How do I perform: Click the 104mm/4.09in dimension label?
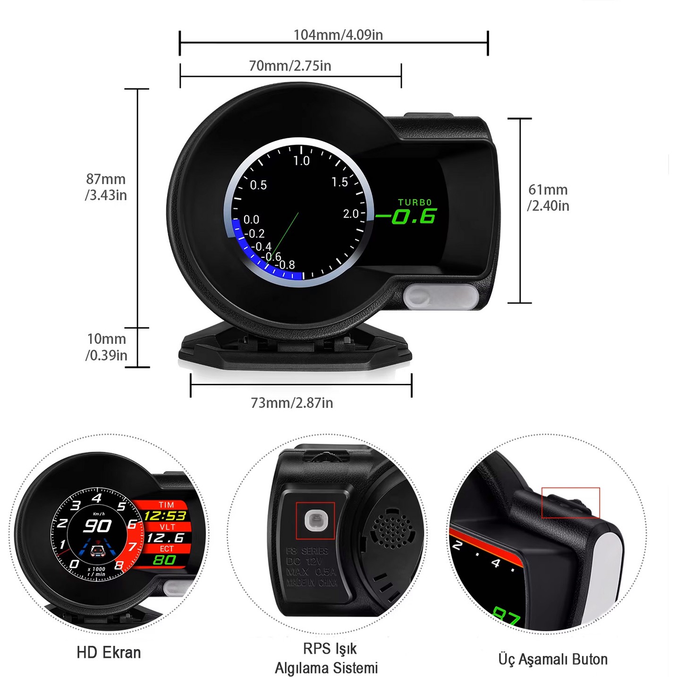pyautogui.click(x=338, y=35)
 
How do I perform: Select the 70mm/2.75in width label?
pyautogui.click(x=290, y=66)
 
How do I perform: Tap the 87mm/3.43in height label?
pyautogui.click(x=106, y=187)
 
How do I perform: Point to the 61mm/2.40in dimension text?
pyautogui.click(x=548, y=198)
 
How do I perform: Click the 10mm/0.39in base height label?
pyautogui.click(x=107, y=347)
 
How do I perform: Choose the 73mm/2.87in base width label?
pyautogui.click(x=292, y=403)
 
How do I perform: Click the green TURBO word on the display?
pyautogui.click(x=415, y=203)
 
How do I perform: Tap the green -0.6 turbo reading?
pyautogui.click(x=406, y=217)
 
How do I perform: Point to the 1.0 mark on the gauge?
pyautogui.click(x=301, y=161)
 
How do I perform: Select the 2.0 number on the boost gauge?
pyautogui.click(x=351, y=214)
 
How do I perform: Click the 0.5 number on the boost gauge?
pyautogui.click(x=258, y=185)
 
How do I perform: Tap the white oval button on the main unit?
pyautogui.click(x=441, y=296)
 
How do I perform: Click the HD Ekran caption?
pyautogui.click(x=109, y=652)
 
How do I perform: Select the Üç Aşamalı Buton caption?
pyautogui.click(x=553, y=659)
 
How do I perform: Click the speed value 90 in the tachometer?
pyautogui.click(x=97, y=526)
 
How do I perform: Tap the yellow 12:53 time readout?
pyautogui.click(x=165, y=516)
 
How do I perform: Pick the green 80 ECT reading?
pyautogui.click(x=164, y=560)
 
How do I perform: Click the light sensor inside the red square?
pyautogui.click(x=315, y=521)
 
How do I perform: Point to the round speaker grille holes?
pyautogui.click(x=391, y=529)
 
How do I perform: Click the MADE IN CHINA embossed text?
pyautogui.click(x=312, y=583)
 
